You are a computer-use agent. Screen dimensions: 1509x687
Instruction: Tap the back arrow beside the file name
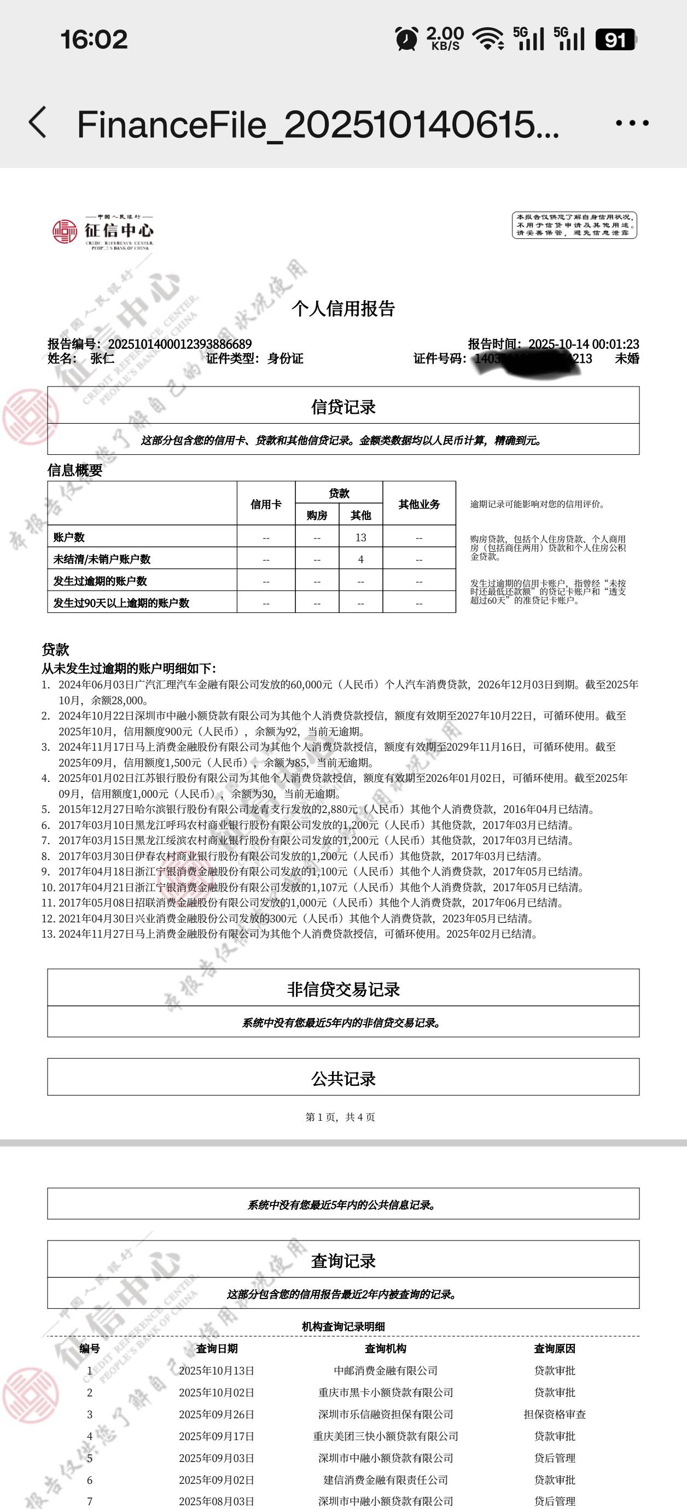38,122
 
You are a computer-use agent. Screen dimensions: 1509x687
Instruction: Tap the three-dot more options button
632,123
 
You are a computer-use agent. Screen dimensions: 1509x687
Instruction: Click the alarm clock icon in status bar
407,39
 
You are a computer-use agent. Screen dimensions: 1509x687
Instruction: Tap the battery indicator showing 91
615,39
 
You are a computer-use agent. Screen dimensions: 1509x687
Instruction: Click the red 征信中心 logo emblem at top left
65,231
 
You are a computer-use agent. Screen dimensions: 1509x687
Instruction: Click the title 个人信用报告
343,309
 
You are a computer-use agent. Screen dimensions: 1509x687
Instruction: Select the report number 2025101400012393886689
179,344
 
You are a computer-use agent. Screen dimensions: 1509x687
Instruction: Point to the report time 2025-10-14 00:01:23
583,344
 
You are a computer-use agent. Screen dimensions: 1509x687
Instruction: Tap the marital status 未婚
627,359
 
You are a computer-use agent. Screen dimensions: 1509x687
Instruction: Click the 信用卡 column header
266,504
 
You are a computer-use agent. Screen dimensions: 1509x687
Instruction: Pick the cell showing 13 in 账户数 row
360,537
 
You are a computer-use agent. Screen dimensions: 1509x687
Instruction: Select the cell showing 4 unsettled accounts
360,559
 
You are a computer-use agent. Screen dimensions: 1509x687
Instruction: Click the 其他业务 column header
419,504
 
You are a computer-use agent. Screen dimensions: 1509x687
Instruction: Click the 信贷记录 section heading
343,407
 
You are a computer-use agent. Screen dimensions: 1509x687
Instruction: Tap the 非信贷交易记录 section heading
343,990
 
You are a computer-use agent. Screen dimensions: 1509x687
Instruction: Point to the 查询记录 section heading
343,1261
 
